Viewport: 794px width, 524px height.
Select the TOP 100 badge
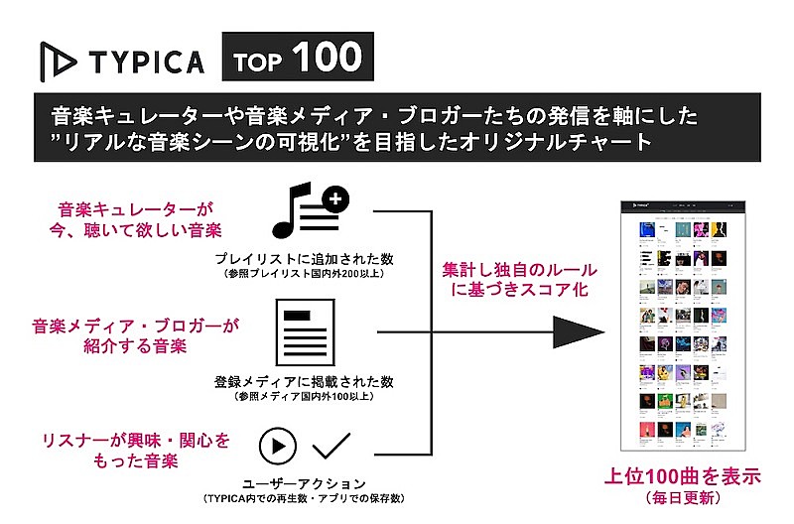(x=298, y=59)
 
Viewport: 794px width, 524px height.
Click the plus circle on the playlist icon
(x=337, y=199)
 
